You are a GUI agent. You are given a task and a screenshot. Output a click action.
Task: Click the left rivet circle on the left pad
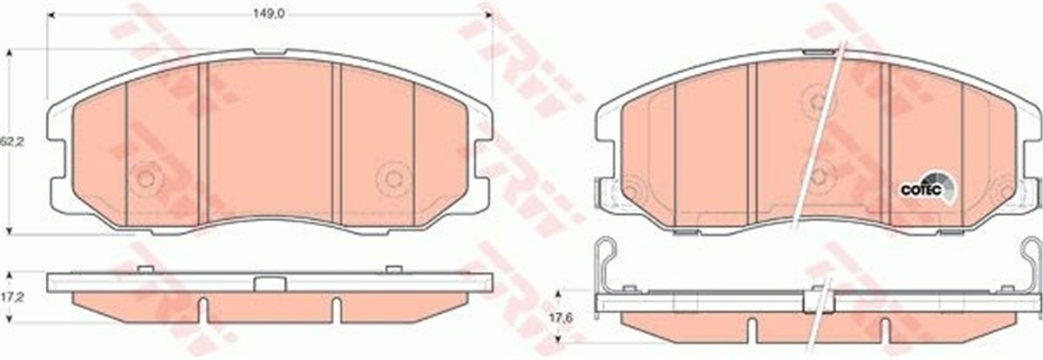(x=145, y=178)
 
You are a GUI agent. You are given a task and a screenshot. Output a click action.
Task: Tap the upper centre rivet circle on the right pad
(x=817, y=101)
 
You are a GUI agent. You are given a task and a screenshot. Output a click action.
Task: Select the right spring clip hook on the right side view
(x=1026, y=257)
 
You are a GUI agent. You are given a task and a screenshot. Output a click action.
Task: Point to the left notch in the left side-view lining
(x=201, y=308)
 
